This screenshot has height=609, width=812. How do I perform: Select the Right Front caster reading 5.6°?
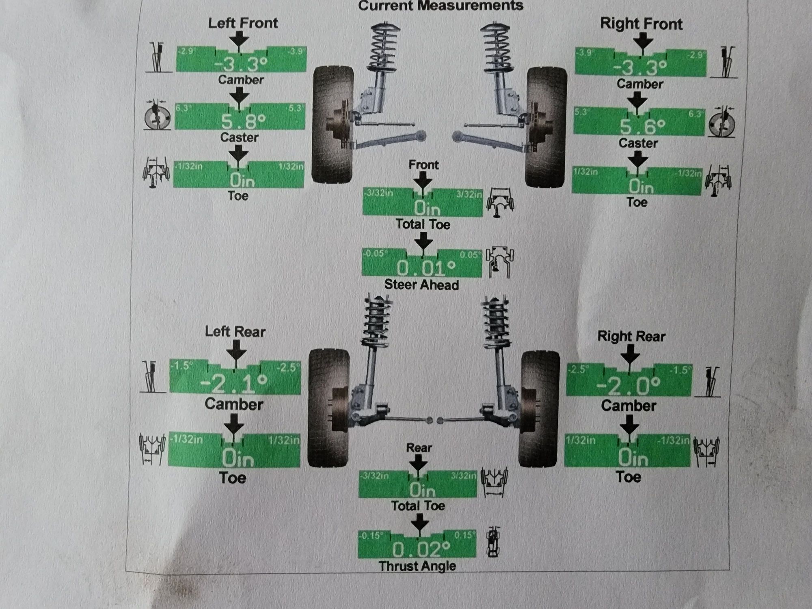[642, 127]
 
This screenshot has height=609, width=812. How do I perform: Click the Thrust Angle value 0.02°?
[421, 549]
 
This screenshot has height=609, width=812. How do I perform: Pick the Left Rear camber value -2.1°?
[234, 383]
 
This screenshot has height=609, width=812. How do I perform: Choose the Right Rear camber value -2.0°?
[628, 386]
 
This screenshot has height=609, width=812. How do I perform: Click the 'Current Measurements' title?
[441, 6]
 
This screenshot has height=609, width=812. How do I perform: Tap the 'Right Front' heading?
[641, 24]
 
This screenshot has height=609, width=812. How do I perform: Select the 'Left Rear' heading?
[235, 332]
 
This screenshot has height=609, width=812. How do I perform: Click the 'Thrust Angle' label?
[417, 566]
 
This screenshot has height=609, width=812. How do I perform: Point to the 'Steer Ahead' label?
[421, 285]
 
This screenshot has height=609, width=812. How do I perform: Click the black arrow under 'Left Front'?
[239, 41]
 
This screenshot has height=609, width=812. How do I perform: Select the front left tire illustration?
[333, 124]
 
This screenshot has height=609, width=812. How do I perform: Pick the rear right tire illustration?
[540, 408]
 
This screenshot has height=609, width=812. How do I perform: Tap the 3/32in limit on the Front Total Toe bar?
[469, 194]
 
